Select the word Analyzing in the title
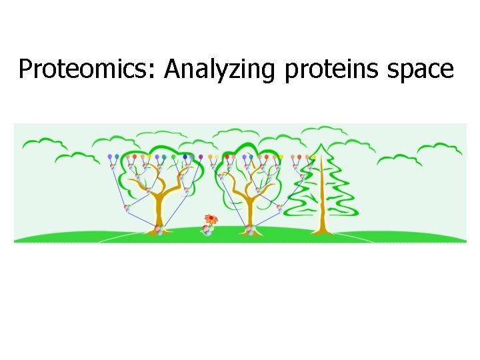(x=219, y=69)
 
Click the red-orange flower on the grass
(x=211, y=219)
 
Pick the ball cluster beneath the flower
(x=208, y=230)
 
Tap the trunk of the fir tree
(x=323, y=200)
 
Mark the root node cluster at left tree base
(x=159, y=230)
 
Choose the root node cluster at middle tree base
(x=251, y=230)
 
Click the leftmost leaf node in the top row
(x=110, y=157)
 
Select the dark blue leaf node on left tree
(x=185, y=157)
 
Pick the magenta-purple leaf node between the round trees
(x=200, y=157)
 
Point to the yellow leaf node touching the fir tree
(x=313, y=157)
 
